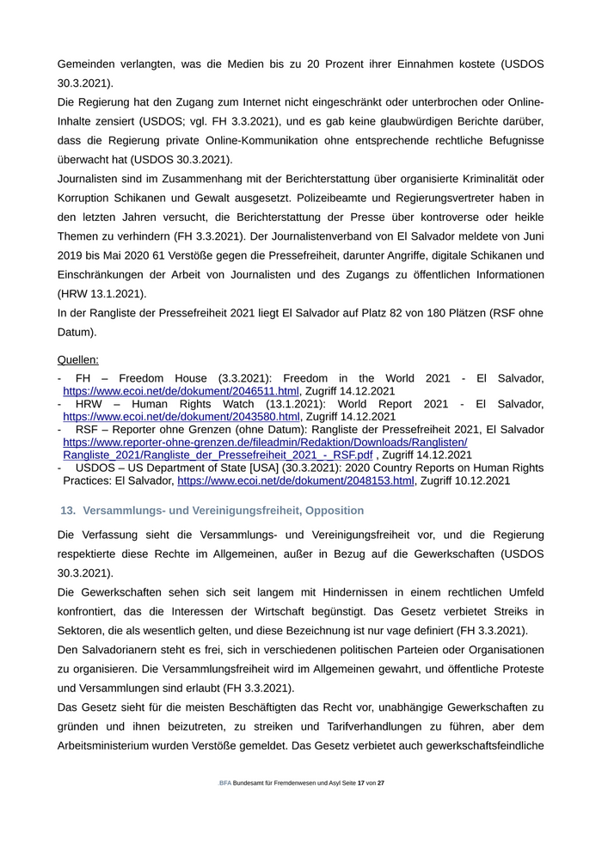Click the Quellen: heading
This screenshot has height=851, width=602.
coord(78,359)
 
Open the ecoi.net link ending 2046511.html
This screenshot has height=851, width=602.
coord(181,391)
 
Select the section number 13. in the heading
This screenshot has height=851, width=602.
coord(68,511)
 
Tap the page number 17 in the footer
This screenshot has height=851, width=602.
coord(362,784)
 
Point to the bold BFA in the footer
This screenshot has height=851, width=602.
coord(225,784)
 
